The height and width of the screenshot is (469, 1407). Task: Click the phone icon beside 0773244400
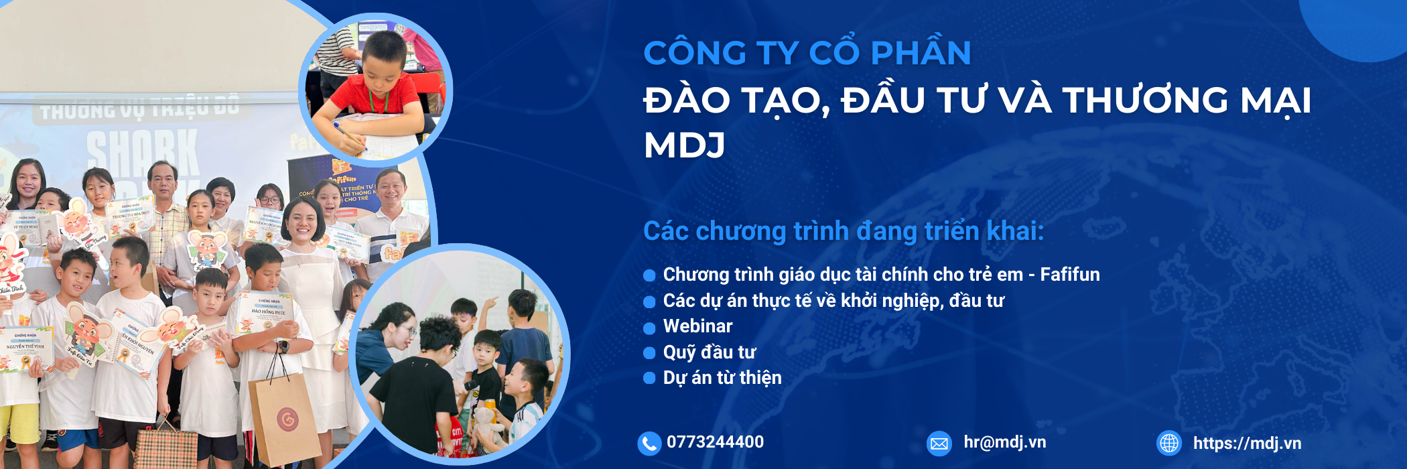click(649, 443)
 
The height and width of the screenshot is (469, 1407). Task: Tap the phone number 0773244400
click(715, 442)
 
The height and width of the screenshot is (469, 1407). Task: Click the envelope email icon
click(939, 443)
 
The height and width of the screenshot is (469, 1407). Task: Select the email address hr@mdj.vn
click(1004, 442)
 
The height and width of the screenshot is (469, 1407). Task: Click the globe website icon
click(1169, 443)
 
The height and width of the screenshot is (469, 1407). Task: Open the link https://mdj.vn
click(1247, 443)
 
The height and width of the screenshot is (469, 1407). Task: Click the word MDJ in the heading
click(684, 145)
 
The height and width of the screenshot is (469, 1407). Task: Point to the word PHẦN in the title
click(921, 53)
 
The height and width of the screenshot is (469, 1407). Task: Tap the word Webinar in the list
click(697, 326)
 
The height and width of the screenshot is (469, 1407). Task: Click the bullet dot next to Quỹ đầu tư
click(649, 353)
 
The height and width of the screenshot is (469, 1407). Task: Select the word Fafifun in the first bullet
click(1069, 275)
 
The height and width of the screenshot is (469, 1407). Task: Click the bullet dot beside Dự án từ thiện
click(649, 379)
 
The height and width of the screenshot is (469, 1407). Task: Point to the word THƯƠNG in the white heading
click(1145, 100)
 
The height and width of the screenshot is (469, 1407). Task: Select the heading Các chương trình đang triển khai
click(843, 231)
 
